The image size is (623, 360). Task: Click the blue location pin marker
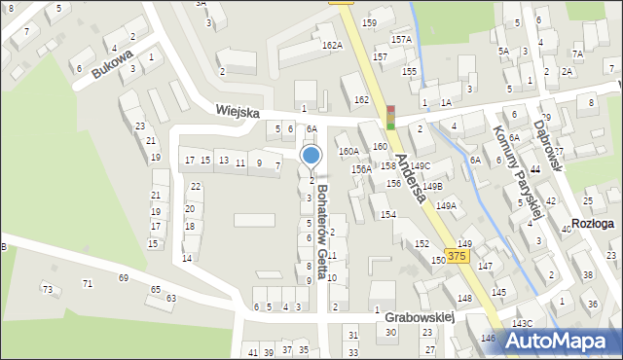click(x=311, y=156)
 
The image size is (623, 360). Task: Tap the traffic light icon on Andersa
click(x=391, y=117)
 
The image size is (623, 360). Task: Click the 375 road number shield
click(x=458, y=255)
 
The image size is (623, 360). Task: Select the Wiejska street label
click(x=238, y=113)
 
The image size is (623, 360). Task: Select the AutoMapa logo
click(x=560, y=341)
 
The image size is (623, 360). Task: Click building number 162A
click(x=332, y=45)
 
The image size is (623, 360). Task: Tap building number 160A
click(x=348, y=151)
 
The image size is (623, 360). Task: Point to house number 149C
click(x=420, y=166)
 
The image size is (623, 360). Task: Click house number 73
click(x=47, y=289)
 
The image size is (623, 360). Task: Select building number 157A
click(x=401, y=39)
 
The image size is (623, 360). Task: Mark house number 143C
click(x=524, y=323)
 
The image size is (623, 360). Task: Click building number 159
click(x=369, y=22)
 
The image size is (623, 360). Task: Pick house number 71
click(x=87, y=283)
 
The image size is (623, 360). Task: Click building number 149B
click(x=432, y=186)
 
